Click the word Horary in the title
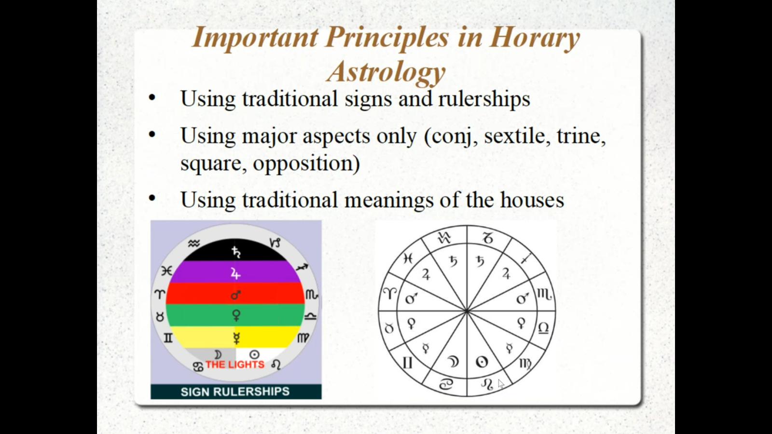point(535,38)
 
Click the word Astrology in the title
point(386,72)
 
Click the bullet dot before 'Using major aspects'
point(152,135)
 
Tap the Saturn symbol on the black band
point(236,251)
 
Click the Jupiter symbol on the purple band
point(235,273)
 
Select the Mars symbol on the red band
point(236,294)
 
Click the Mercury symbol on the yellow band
point(236,337)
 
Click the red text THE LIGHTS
point(235,365)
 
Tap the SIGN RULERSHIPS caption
point(235,392)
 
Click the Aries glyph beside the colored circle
point(160,294)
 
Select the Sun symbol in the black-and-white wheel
point(482,362)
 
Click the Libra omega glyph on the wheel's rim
point(543,328)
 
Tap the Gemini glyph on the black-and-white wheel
point(407,362)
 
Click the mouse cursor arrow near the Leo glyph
point(500,384)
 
